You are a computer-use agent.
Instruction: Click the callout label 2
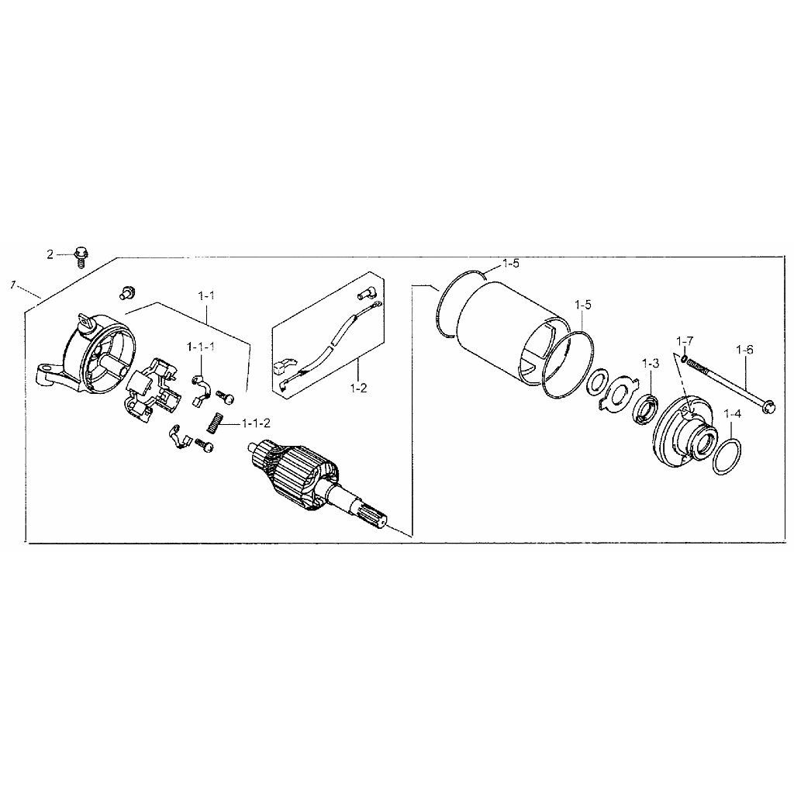pos(50,254)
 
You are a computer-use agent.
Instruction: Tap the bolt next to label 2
pos(81,256)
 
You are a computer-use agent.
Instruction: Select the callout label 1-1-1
pos(201,347)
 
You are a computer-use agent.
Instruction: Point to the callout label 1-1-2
pos(256,423)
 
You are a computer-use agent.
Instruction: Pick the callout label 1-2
pos(358,388)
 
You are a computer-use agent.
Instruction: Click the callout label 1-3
pos(651,363)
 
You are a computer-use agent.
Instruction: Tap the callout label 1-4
pos(732,414)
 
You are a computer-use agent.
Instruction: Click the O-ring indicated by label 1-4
pos(727,457)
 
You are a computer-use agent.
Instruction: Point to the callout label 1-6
pos(744,350)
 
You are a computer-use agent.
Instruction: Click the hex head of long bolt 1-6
pos(768,406)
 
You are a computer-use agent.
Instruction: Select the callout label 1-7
pos(685,341)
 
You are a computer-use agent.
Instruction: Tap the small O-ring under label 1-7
pos(684,358)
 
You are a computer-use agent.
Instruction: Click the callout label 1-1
pos(206,295)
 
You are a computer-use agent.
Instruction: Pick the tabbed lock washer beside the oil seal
pos(616,392)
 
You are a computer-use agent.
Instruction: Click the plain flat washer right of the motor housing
pos(598,382)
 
